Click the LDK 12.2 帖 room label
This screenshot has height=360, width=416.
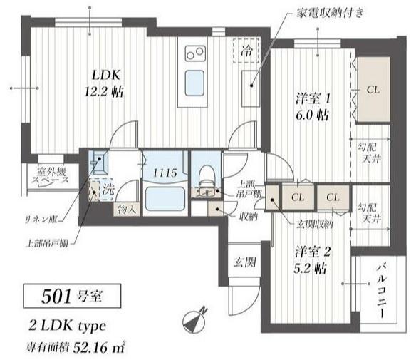(105, 82)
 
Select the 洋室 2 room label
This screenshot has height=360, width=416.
(310, 259)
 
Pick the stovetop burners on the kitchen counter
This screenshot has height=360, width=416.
(195, 53)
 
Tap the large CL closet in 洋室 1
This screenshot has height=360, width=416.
(373, 91)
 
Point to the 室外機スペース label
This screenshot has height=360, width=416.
(49, 177)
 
